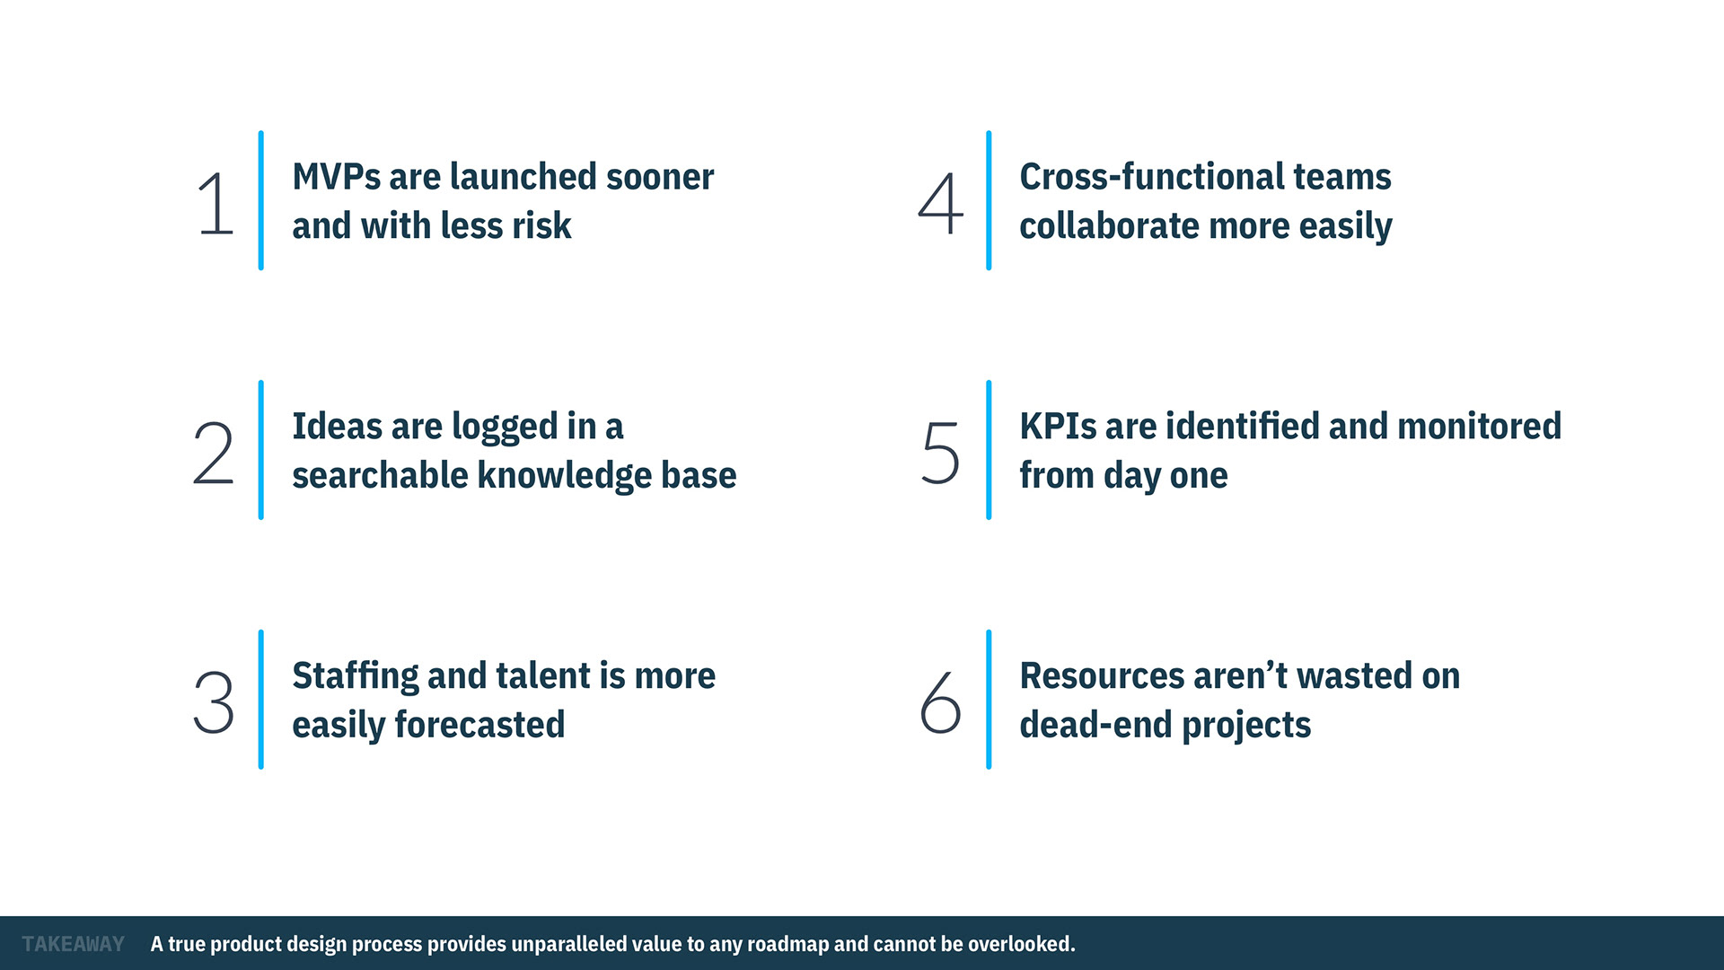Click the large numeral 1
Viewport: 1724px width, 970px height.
click(x=216, y=204)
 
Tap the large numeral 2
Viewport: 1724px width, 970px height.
click(x=214, y=454)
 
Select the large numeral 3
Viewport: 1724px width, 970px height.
click(x=214, y=702)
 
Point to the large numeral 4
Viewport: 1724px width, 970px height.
click(x=940, y=204)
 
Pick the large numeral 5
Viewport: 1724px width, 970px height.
click(x=941, y=454)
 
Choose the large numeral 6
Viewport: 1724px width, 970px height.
click(x=940, y=702)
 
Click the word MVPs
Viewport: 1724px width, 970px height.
click(x=336, y=177)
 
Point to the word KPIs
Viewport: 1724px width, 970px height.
click(x=1058, y=427)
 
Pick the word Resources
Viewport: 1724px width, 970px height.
click(x=1102, y=676)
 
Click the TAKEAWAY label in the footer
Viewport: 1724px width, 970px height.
click(x=74, y=944)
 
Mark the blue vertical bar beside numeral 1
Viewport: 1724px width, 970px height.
click(x=260, y=200)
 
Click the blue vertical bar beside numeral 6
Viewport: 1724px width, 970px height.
click(x=989, y=699)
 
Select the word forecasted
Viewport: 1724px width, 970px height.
click(x=479, y=725)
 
